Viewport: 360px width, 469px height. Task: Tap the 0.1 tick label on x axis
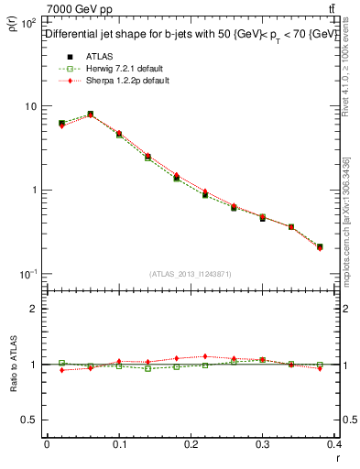coord(119,444)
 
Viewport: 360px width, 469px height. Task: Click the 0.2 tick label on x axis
coord(191,444)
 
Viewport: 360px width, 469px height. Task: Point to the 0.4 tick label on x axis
coord(335,444)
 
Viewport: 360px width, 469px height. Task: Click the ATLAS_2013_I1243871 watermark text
coord(190,275)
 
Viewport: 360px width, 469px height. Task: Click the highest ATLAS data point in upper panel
coord(90,115)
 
